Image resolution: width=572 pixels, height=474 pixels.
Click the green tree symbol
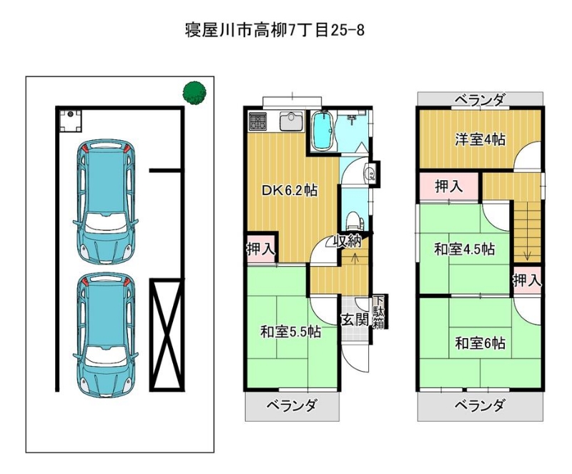(x=194, y=92)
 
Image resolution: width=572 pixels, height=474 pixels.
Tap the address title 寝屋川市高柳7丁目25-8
(x=275, y=29)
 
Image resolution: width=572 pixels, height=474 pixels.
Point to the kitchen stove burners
(x=257, y=122)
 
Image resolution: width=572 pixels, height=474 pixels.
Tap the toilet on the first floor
(x=352, y=221)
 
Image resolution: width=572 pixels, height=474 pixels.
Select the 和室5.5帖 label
(x=291, y=332)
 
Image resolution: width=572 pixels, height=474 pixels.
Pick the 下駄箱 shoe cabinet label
(x=378, y=312)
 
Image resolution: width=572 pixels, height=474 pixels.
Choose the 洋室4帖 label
(x=480, y=139)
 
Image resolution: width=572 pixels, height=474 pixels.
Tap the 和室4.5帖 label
(x=464, y=250)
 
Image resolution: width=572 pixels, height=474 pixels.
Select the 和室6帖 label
(x=480, y=343)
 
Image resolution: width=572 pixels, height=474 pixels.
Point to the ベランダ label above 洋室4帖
(x=480, y=99)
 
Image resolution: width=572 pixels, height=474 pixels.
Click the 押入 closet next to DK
(x=261, y=250)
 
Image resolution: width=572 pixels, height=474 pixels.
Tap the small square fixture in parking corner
(x=70, y=120)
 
